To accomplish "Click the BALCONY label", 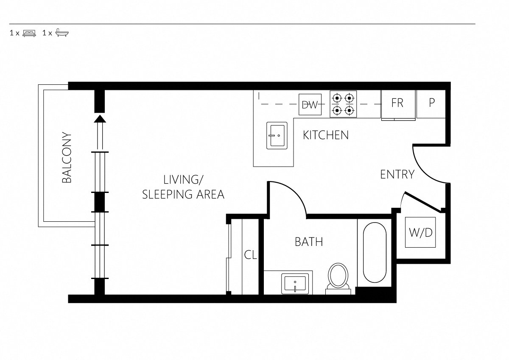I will [67, 158].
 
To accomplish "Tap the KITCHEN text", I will [326, 135].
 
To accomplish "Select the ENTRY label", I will [397, 174].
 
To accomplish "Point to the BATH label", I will [309, 242].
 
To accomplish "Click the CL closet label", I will [251, 255].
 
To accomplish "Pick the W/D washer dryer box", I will [420, 232].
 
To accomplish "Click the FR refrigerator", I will [397, 103].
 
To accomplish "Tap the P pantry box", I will [431, 103].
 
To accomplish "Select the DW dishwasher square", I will [310, 104].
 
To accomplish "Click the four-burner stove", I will [343, 104].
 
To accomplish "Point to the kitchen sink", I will [277, 136].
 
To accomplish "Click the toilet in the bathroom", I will [338, 277].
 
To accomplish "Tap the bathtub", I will [374, 253].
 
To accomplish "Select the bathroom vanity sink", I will [295, 283].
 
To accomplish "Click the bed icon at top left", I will [29, 33].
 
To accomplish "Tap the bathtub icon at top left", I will [62, 33].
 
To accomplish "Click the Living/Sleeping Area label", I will [183, 187].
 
